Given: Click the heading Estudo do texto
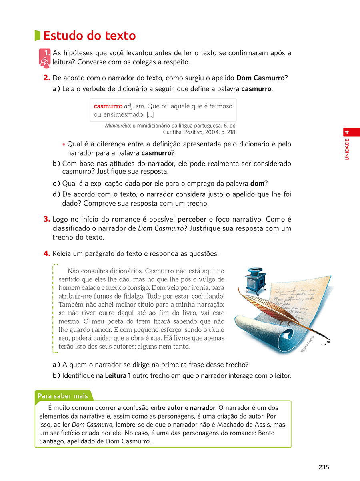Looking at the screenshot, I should click(89, 36).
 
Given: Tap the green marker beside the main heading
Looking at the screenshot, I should click(38, 35).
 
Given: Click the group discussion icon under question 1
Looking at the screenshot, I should click(44, 61).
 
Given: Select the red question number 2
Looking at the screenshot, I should click(47, 78).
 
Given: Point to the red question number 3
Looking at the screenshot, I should click(47, 219).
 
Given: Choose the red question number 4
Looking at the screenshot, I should click(47, 253).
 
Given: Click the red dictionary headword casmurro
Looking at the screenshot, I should click(108, 106).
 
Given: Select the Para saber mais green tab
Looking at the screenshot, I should click(63, 396).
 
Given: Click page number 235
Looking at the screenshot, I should click(324, 467).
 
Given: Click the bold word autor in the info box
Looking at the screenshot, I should click(175, 408).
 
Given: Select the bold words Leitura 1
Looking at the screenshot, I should click(118, 376).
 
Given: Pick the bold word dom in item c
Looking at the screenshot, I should click(257, 184).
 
